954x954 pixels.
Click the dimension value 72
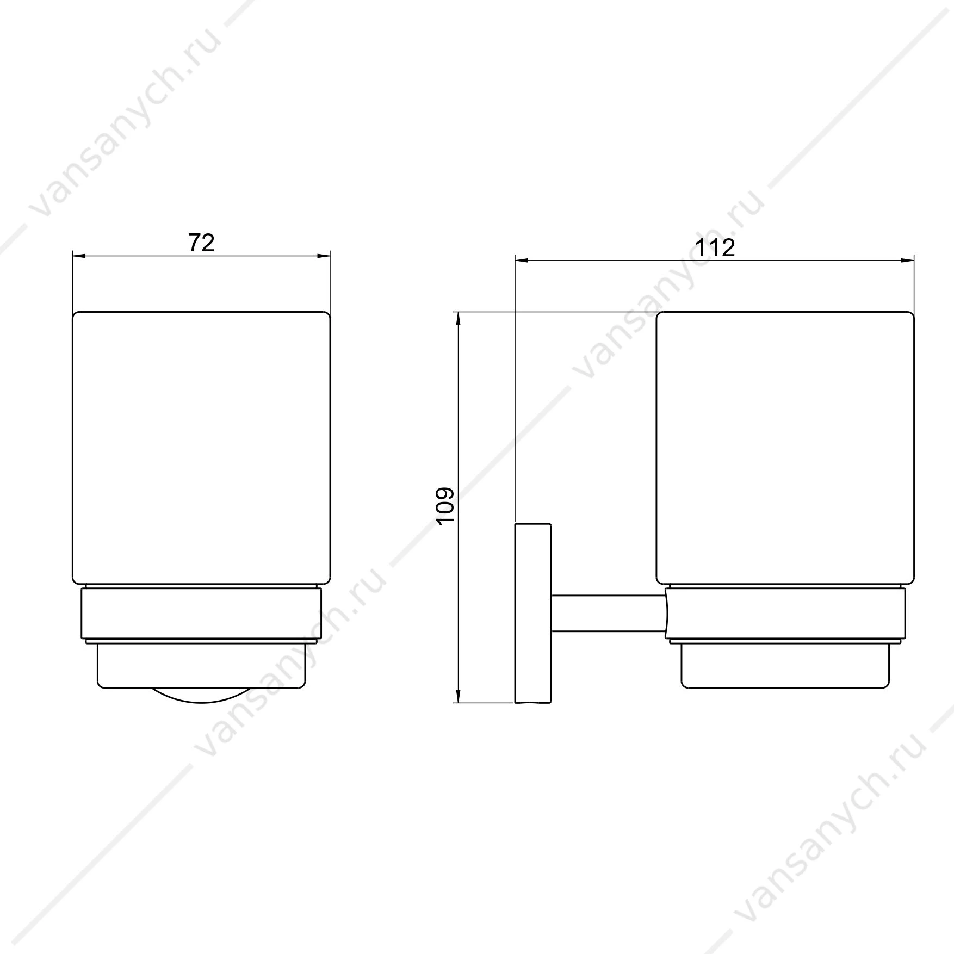[201, 243]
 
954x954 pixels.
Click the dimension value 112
[716, 248]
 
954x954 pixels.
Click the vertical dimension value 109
[445, 506]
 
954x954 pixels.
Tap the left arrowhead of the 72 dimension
[79, 255]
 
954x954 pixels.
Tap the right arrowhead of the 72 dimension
[324, 255]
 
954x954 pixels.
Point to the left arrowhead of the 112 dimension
[522, 261]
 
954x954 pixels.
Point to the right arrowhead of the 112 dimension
[907, 261]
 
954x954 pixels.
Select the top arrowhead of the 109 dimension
[459, 319]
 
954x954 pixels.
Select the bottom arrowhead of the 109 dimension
[459, 696]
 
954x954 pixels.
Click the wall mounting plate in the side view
[533, 613]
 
